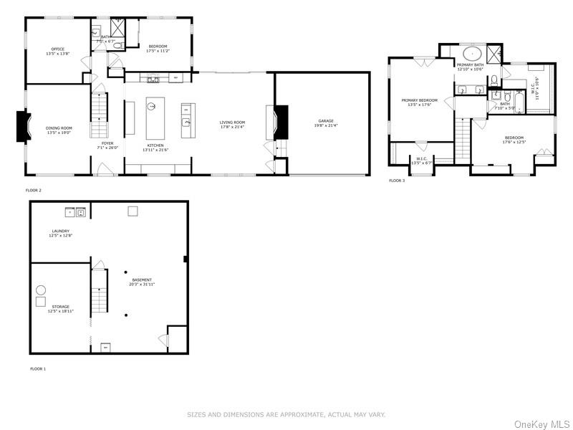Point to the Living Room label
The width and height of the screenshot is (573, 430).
click(x=232, y=123)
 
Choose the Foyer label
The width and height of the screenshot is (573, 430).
click(x=107, y=143)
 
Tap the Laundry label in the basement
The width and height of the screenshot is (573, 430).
click(x=60, y=231)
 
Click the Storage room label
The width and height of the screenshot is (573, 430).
click(x=60, y=307)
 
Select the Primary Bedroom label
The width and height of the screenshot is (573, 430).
click(x=419, y=100)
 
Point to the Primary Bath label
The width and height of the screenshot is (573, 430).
click(x=470, y=65)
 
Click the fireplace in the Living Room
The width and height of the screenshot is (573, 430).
click(x=281, y=121)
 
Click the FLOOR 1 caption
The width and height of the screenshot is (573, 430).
click(x=38, y=368)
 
